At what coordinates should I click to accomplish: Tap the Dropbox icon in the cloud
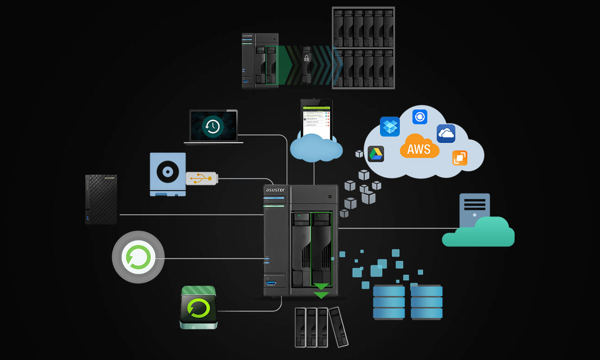(x=390, y=126)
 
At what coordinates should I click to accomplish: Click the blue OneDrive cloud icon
(x=446, y=133)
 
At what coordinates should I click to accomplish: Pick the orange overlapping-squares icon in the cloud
(x=460, y=158)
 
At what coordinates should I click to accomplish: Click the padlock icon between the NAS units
(x=306, y=58)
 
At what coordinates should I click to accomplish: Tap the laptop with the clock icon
(x=213, y=126)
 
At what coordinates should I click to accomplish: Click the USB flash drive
(x=201, y=178)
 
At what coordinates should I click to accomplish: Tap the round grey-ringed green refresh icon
(x=138, y=257)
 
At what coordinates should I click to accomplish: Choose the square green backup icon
(x=198, y=307)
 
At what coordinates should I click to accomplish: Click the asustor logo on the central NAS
(x=276, y=190)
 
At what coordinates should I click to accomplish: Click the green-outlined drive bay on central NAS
(x=322, y=249)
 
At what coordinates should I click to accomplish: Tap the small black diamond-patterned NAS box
(x=101, y=199)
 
